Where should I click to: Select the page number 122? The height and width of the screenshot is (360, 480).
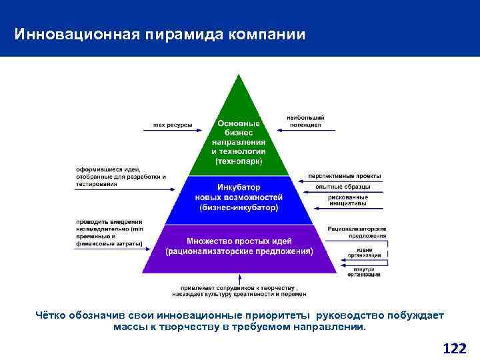click(455, 348)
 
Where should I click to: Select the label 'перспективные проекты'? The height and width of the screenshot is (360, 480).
click(345, 176)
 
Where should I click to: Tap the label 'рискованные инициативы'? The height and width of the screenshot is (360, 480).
click(347, 201)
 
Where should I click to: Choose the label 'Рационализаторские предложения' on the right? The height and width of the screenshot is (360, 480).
click(357, 233)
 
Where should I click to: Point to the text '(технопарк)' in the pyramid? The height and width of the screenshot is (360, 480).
click(239, 161)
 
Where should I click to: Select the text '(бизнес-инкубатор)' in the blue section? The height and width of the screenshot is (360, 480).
click(239, 208)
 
